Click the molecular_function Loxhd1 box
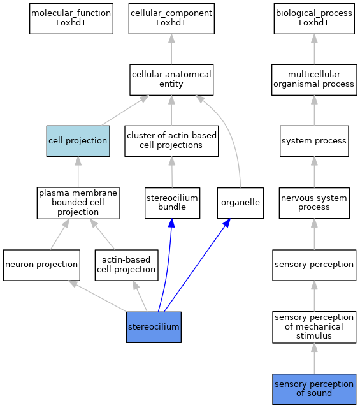click(x=71, y=18)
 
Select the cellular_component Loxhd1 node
click(x=171, y=18)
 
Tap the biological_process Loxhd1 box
click(x=314, y=18)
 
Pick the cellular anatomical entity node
click(x=171, y=80)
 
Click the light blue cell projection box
click(x=78, y=141)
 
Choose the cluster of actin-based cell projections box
click(x=171, y=141)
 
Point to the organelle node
click(x=240, y=203)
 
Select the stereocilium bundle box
click(x=172, y=203)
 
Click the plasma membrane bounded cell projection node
click(x=78, y=203)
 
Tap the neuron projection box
click(x=41, y=265)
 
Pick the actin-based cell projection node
click(x=126, y=265)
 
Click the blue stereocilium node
click(x=154, y=327)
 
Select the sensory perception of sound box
click(x=314, y=390)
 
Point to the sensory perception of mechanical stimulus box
click(x=314, y=327)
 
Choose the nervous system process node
click(x=314, y=203)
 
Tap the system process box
click(x=314, y=141)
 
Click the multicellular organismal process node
click(x=314, y=80)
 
